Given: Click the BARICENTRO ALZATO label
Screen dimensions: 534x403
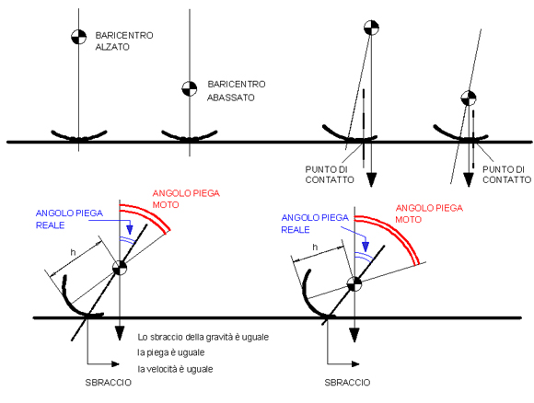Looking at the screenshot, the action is (x=124, y=40).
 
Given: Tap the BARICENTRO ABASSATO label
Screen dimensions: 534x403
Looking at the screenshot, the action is (x=236, y=90).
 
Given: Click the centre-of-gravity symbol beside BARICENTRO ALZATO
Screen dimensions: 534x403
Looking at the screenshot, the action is (x=78, y=37).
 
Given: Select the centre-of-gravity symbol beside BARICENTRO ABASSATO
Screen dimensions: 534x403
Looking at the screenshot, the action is (x=190, y=89).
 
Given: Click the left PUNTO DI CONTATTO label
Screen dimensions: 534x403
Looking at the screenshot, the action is (x=330, y=174).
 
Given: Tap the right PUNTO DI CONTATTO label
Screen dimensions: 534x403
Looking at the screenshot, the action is (x=506, y=174).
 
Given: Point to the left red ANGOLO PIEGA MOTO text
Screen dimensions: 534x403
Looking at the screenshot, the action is (x=186, y=199).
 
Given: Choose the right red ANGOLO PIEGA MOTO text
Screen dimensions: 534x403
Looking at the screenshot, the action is (x=429, y=213).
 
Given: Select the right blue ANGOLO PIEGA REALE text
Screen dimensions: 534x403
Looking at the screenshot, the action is (x=315, y=224).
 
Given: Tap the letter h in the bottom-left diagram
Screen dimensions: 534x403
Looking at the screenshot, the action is (x=73, y=252).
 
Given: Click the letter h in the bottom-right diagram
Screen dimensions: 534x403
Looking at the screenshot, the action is (x=315, y=247).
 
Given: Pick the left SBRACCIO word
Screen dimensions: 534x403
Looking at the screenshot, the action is (x=109, y=383).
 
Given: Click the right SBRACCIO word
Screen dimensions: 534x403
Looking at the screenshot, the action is (x=347, y=383).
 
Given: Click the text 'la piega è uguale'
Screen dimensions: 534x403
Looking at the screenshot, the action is (x=171, y=352).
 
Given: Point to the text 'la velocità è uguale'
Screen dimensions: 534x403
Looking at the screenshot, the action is (x=175, y=369).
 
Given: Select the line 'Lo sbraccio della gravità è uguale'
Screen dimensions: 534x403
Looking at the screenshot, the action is (x=203, y=337).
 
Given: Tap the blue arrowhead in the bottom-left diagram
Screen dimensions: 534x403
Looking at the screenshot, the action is (x=130, y=229).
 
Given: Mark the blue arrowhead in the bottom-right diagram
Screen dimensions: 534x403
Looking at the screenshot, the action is (x=366, y=247).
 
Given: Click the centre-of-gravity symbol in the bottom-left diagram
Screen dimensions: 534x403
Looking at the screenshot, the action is (x=120, y=268).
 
